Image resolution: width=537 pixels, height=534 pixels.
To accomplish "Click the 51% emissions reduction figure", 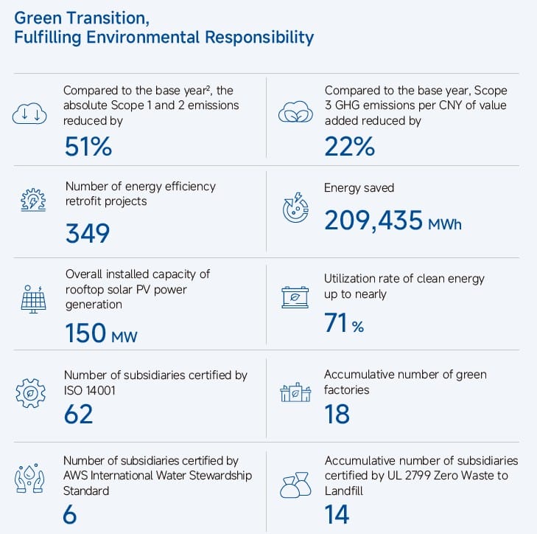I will (88, 147).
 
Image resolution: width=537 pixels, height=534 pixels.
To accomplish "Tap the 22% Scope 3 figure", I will (349, 147).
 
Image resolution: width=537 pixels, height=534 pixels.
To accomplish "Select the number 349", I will (88, 233).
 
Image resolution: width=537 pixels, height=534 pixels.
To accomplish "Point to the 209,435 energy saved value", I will (373, 220).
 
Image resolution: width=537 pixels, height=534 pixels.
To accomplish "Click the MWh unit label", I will (445, 223).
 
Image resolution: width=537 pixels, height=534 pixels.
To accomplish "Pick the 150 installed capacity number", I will (85, 333).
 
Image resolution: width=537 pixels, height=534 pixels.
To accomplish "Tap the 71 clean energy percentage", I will (336, 322).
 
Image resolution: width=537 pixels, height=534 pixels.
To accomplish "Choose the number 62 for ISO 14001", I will (79, 414).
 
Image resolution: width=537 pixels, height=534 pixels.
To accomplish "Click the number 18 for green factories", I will (337, 414).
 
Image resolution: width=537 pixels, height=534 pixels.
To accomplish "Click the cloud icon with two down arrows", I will (28, 113).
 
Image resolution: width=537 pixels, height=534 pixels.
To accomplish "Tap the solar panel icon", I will (30, 299).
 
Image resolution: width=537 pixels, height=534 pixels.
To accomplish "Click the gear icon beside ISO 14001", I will (30, 393).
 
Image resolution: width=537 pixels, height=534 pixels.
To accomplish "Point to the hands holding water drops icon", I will (29, 479).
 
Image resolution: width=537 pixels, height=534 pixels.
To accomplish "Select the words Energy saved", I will (359, 188).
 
